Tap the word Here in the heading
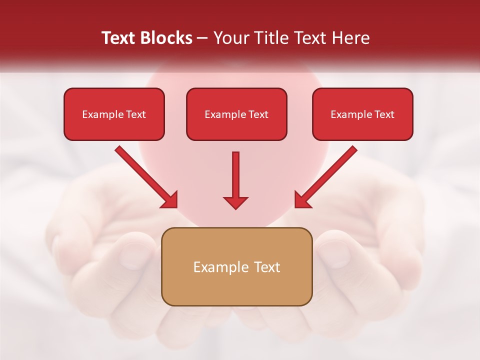[350, 38]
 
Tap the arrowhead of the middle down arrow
[235, 202]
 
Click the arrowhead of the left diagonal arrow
[170, 200]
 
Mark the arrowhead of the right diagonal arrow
[301, 200]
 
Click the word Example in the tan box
[216, 267]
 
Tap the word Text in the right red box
[384, 114]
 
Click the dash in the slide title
[202, 38]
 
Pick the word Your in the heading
[229, 38]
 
